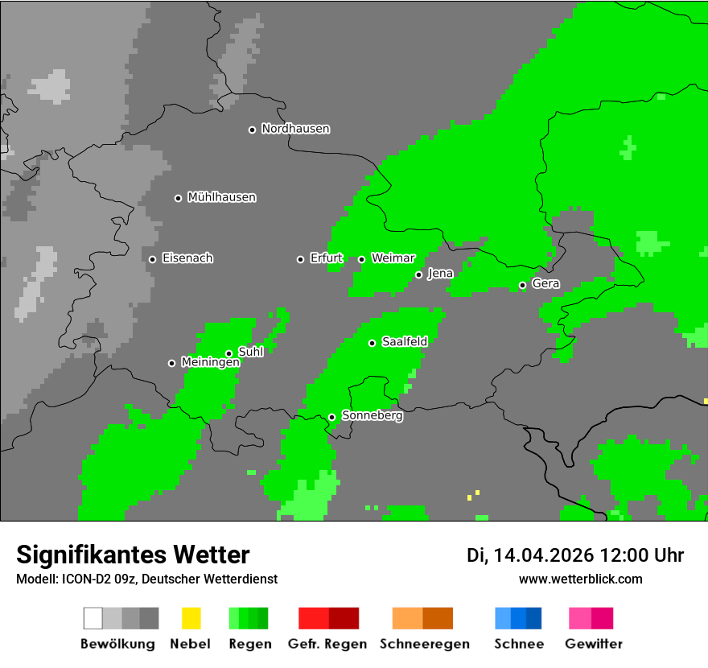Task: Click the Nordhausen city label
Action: click(295, 129)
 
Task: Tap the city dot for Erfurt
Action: click(300, 259)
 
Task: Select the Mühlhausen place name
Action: click(221, 197)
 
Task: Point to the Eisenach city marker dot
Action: click(152, 259)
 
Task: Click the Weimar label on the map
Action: click(393, 258)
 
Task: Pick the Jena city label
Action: click(440, 274)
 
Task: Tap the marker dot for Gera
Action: click(522, 285)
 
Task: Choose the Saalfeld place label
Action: click(404, 342)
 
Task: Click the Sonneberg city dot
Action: click(331, 417)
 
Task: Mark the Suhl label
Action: click(250, 352)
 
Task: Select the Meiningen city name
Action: click(210, 363)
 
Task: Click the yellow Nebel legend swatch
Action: click(191, 618)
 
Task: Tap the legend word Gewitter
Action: click(594, 644)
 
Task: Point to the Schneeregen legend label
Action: click(424, 644)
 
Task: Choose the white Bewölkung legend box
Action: click(93, 618)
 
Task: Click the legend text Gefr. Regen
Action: click(327, 644)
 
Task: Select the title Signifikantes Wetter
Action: click(133, 555)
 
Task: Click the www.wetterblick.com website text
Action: click(580, 579)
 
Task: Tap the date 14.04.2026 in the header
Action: click(544, 555)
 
